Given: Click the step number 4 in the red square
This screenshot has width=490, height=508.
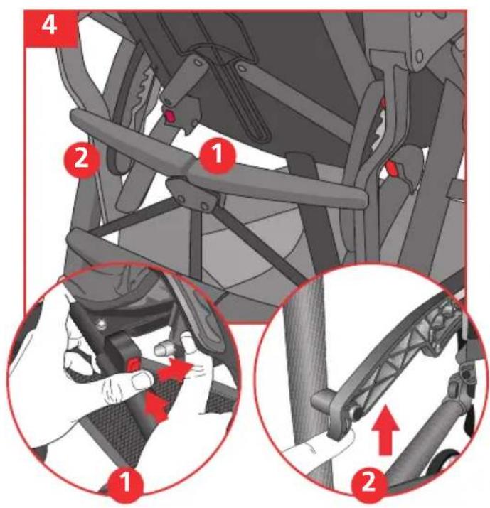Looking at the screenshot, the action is coord(49,26).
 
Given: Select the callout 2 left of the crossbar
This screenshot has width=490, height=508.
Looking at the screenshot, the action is coord(81,159).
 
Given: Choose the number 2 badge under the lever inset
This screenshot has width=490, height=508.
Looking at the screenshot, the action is coord(368,482).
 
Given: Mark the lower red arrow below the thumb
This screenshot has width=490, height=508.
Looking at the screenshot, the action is coord(156,406).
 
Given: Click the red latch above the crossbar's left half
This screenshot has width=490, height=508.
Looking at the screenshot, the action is coord(169,116).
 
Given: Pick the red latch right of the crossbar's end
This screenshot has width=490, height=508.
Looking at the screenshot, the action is coord(393,169).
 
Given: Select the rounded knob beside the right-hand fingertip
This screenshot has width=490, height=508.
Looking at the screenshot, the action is coord(163,350).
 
